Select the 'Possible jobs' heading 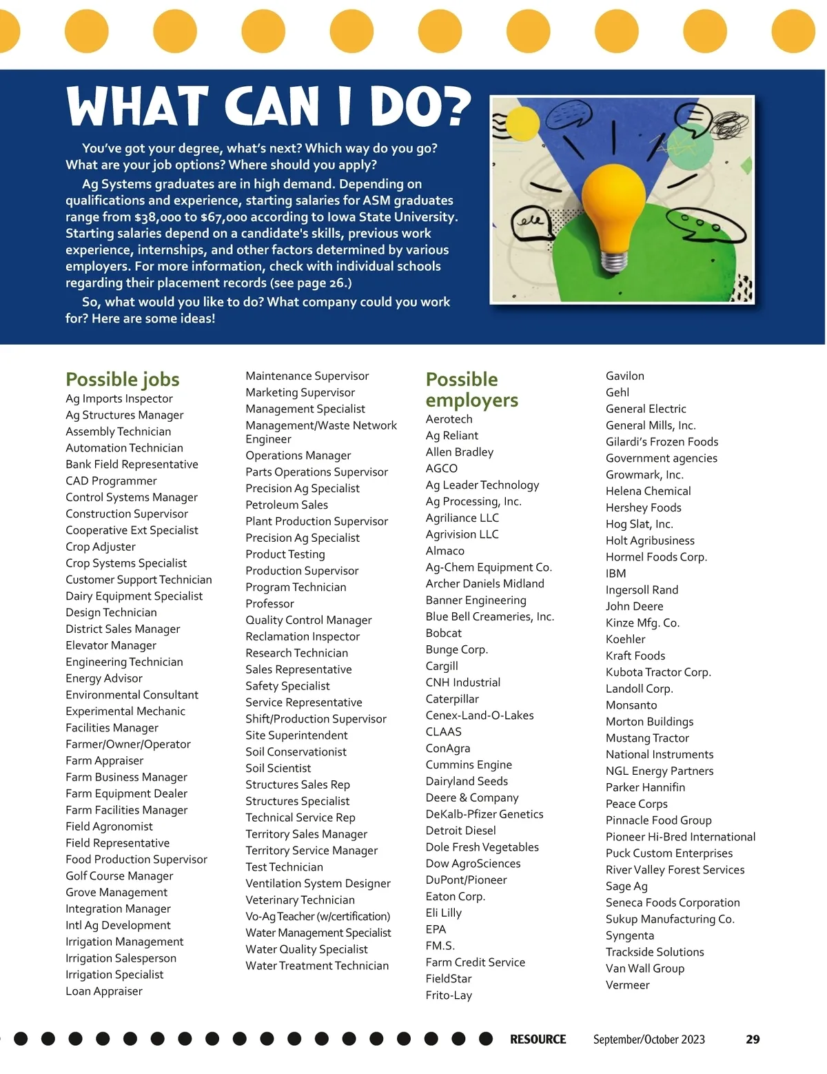click(123, 379)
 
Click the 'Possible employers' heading click(471, 389)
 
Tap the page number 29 click(753, 1039)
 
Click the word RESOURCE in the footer click(538, 1039)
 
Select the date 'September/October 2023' click(649, 1039)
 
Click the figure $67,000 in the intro click(223, 217)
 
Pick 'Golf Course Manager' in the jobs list click(119, 875)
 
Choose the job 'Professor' click(269, 603)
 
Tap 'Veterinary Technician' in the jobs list click(300, 900)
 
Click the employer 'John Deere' click(634, 606)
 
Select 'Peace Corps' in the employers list click(636, 804)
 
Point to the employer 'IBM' click(615, 574)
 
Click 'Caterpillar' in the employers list click(452, 699)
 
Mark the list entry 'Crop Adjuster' click(101, 547)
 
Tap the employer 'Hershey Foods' click(643, 507)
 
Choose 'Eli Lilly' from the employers click(443, 913)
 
